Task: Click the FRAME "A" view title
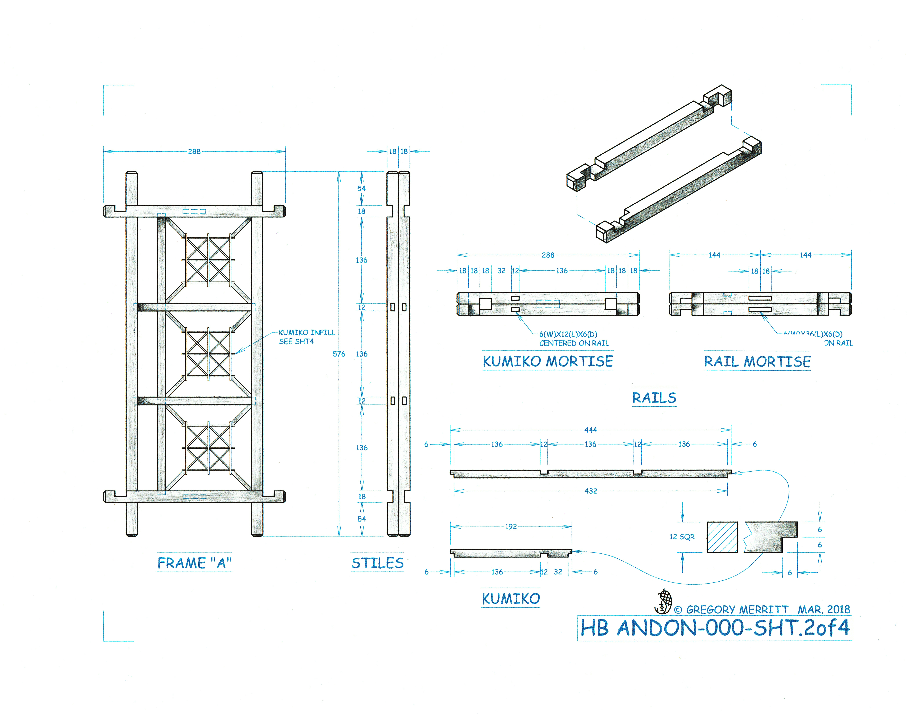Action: pos(194,563)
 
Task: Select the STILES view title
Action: pos(377,563)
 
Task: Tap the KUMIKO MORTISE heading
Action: pos(547,361)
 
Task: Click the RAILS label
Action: pos(654,398)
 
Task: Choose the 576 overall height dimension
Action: pos(339,354)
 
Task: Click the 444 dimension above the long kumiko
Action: pos(590,430)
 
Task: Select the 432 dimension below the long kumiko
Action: pos(590,491)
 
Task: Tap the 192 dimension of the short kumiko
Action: pos(511,526)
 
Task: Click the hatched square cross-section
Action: pos(722,537)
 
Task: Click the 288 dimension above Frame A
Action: pos(194,151)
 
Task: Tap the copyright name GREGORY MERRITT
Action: pos(737,610)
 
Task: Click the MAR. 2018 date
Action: pos(824,610)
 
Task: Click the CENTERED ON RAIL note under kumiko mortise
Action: pos(574,343)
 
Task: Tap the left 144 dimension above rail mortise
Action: pos(714,255)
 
